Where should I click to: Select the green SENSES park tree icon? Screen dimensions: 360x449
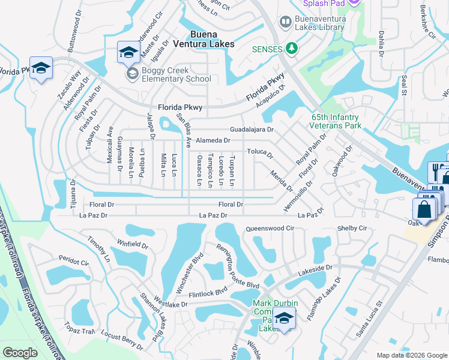tap(292, 48)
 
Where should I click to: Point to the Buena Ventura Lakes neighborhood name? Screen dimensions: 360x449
tap(203, 39)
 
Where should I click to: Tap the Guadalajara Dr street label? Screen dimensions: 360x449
tap(252, 130)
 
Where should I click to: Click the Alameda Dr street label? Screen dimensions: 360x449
tap(213, 140)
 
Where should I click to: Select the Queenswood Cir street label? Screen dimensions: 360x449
tap(271, 229)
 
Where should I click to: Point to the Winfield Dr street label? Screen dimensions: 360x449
tap(133, 244)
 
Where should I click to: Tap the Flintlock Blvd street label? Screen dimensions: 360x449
tap(208, 291)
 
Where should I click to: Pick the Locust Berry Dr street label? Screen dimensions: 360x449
tap(122, 339)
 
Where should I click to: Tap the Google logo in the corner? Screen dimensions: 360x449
tap(20, 353)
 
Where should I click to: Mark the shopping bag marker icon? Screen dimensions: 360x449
tap(424, 210)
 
